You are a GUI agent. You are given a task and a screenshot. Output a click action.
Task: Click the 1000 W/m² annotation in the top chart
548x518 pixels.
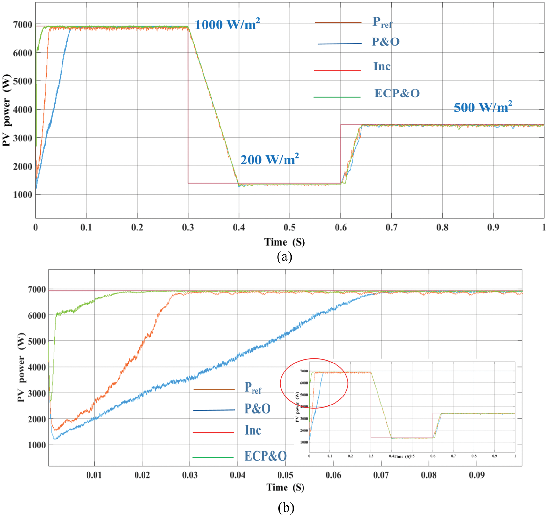pyautogui.click(x=227, y=24)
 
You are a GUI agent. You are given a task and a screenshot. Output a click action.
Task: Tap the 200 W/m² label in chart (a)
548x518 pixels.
pyautogui.click(x=270, y=159)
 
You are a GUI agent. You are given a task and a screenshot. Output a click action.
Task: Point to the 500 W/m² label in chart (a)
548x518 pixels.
pyautogui.click(x=483, y=107)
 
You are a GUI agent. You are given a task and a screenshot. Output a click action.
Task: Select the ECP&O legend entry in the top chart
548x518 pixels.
pyautogui.click(x=397, y=93)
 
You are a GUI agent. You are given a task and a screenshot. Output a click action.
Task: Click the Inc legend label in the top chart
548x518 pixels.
pyautogui.click(x=382, y=66)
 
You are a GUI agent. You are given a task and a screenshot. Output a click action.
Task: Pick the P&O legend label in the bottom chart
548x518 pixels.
pyautogui.click(x=257, y=408)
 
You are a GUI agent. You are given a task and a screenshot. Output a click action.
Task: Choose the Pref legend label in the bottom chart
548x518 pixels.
pyautogui.click(x=253, y=388)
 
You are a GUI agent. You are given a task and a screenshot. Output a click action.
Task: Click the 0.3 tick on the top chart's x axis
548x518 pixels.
pyautogui.click(x=188, y=227)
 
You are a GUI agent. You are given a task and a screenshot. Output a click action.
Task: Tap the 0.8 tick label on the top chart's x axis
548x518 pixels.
pyautogui.click(x=442, y=227)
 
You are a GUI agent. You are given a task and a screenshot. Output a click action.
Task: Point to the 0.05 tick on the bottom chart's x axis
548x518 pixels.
pyautogui.click(x=285, y=475)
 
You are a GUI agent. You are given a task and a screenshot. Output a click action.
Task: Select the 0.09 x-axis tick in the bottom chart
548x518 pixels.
pyautogui.click(x=477, y=475)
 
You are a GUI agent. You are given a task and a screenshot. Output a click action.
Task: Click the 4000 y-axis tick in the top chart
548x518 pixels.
pyautogui.click(x=22, y=110)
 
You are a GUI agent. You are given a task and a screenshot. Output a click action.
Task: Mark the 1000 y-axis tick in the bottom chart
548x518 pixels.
pyautogui.click(x=37, y=445)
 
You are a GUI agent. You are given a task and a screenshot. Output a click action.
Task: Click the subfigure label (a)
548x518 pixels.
pyautogui.click(x=284, y=256)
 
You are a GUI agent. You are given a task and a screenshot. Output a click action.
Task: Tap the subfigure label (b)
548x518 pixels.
pyautogui.click(x=286, y=507)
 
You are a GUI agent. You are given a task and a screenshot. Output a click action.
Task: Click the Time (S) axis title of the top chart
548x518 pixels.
pyautogui.click(x=284, y=242)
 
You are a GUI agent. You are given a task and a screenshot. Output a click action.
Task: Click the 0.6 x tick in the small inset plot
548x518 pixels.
pyautogui.click(x=433, y=456)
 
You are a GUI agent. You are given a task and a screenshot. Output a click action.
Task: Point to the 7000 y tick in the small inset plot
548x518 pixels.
pyautogui.click(x=304, y=371)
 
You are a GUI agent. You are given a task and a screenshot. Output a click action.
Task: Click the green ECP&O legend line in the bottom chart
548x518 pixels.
pyautogui.click(x=213, y=457)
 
